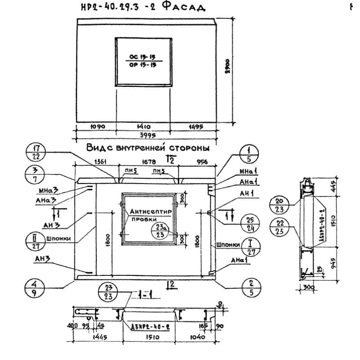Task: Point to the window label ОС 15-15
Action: pos(143,58)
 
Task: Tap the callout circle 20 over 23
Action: pos(279,205)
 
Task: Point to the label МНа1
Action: pos(247,172)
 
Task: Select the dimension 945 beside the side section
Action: pos(333,262)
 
